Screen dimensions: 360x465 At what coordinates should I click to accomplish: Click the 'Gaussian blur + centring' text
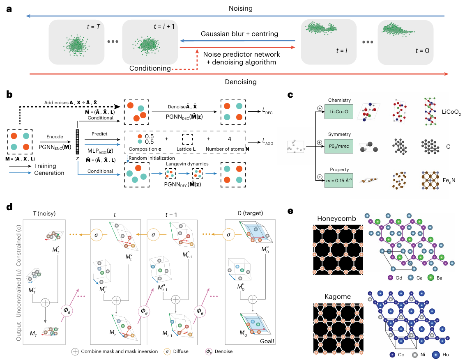tap(240, 34)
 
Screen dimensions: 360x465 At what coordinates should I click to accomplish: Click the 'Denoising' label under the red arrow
tap(241, 82)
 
